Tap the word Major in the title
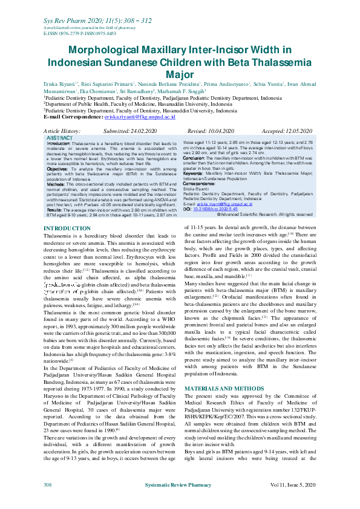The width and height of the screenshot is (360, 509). [180, 74]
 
